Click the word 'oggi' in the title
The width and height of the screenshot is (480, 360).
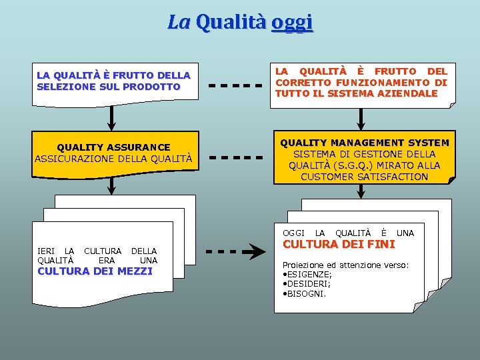[x=292, y=22]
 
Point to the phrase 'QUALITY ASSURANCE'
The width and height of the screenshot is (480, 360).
[x=113, y=147]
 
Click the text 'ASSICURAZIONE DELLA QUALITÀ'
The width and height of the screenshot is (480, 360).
[x=113, y=158]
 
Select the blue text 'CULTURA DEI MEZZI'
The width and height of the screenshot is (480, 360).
[x=95, y=271]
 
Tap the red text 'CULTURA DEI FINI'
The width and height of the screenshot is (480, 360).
[x=329, y=244]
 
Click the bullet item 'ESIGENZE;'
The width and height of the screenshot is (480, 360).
[x=309, y=274]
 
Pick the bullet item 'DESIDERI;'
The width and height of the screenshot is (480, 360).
[x=309, y=283]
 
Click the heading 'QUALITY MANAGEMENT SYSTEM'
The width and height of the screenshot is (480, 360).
[x=364, y=143]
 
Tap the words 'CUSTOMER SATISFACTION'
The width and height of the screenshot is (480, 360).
[x=364, y=177]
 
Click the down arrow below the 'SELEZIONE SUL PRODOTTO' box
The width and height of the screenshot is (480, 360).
[x=111, y=117]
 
